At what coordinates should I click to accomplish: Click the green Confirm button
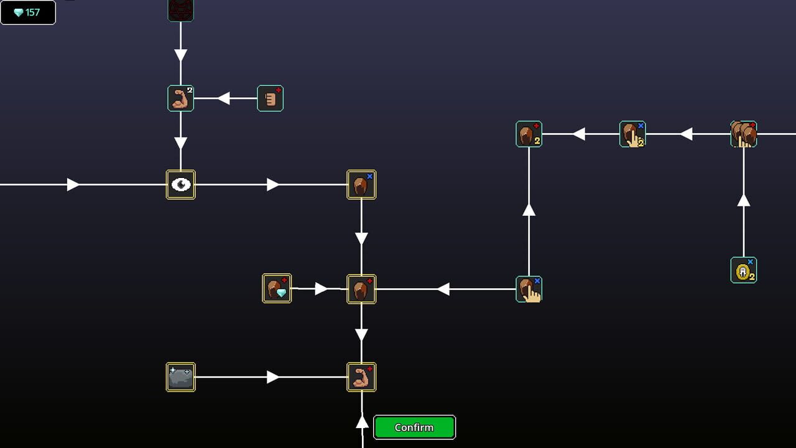(414, 427)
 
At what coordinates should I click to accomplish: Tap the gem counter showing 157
(28, 12)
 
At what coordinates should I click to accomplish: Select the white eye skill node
(181, 185)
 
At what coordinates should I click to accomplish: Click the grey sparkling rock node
(181, 377)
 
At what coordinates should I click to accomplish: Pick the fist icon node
(271, 98)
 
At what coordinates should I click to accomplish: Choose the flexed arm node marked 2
(181, 98)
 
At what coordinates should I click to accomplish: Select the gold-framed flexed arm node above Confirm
(361, 377)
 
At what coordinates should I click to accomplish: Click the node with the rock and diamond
(277, 289)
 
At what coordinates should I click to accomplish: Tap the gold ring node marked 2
(744, 270)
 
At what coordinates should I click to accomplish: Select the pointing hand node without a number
(529, 289)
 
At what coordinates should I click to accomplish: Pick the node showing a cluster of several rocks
(744, 134)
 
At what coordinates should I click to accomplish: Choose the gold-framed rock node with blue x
(361, 185)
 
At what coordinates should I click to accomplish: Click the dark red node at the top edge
(181, 9)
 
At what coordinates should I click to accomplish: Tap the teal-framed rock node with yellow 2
(529, 134)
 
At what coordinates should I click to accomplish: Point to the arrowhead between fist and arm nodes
(224, 98)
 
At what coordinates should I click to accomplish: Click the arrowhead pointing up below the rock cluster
(744, 200)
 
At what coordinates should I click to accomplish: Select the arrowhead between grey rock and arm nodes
(273, 377)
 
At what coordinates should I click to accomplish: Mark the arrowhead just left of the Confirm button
(362, 422)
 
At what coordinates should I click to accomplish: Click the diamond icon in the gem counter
(18, 12)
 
